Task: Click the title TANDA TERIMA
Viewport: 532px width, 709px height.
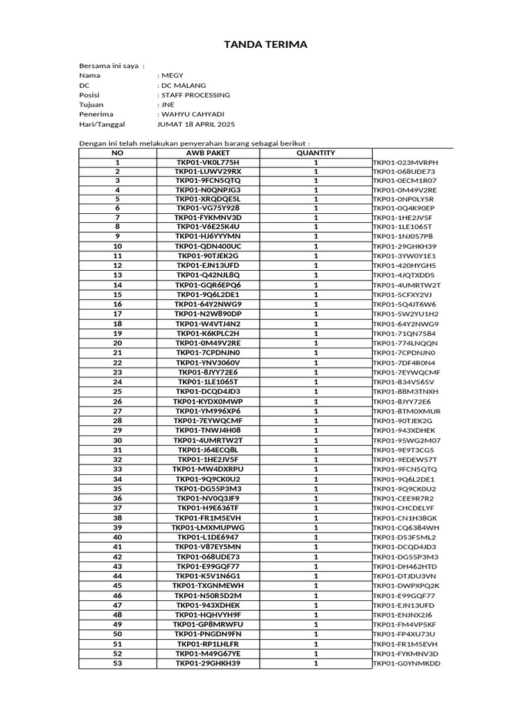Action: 265,46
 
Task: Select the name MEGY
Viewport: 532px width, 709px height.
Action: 171,75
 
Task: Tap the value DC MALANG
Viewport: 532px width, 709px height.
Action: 184,85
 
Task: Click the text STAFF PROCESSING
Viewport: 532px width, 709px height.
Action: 195,95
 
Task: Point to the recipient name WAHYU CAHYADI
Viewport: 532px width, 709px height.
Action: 193,114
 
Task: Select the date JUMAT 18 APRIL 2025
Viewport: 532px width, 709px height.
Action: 197,124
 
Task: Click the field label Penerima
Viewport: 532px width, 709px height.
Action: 96,114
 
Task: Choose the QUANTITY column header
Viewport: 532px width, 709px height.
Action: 316,153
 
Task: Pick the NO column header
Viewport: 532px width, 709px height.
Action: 118,153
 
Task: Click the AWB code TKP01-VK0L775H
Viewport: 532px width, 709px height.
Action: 208,163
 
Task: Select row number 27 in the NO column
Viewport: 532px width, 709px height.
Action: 118,411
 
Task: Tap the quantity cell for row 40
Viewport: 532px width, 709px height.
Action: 316,537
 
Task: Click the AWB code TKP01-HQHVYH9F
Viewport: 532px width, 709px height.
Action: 208,615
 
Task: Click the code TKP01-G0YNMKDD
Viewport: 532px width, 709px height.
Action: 407,663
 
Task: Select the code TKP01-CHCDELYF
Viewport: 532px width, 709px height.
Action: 405,508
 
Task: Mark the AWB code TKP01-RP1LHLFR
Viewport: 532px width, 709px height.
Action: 208,644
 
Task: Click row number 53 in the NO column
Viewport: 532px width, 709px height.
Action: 118,663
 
